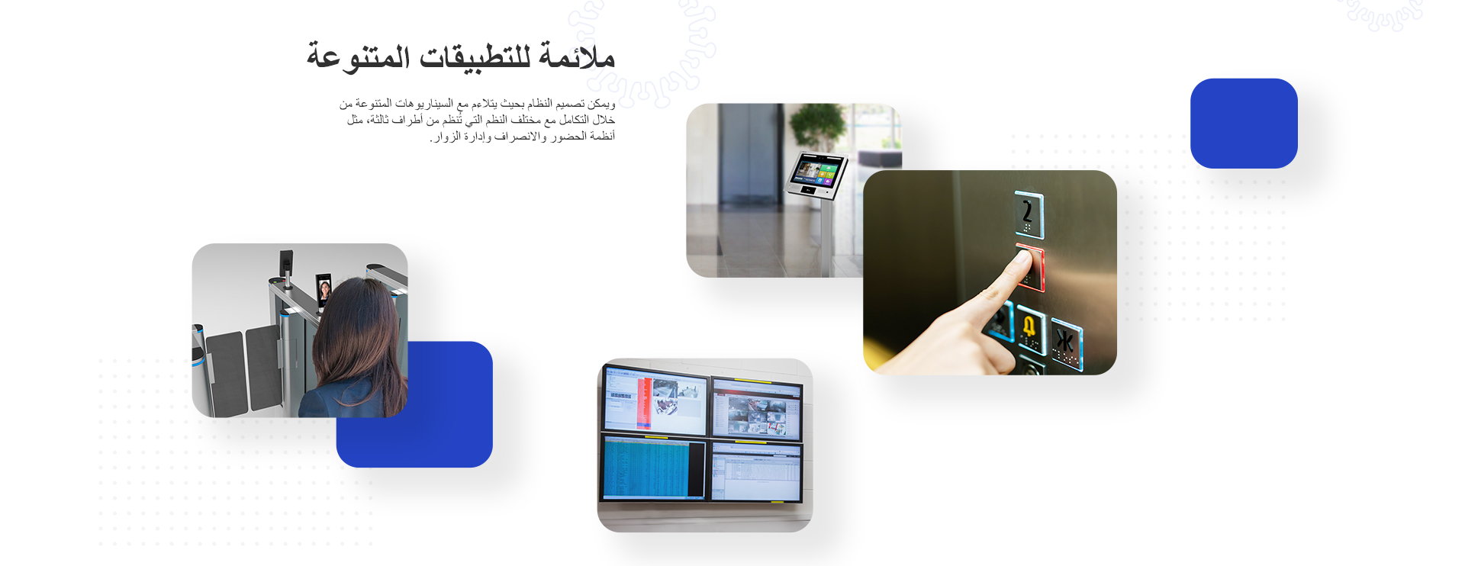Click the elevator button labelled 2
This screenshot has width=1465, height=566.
pyautogui.click(x=1029, y=214)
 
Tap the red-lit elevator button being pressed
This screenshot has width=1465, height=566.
pyautogui.click(x=1031, y=267)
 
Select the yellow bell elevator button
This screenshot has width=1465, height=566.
pyautogui.click(x=1030, y=330)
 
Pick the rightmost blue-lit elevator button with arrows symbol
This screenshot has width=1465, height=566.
pyautogui.click(x=1066, y=345)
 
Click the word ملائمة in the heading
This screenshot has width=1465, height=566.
pyautogui.click(x=577, y=56)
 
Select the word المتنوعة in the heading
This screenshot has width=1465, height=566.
pyautogui.click(x=358, y=56)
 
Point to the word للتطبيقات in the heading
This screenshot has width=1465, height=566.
pyautogui.click(x=475, y=58)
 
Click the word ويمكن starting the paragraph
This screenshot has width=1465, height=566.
pyautogui.click(x=601, y=104)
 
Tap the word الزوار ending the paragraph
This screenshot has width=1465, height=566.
pyautogui.click(x=446, y=137)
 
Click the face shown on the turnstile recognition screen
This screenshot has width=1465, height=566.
pyautogui.click(x=324, y=290)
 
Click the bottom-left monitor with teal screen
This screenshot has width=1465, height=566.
pyautogui.click(x=655, y=468)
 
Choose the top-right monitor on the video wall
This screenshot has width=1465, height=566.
pyautogui.click(x=757, y=409)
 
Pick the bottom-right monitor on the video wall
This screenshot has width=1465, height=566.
pyautogui.click(x=756, y=472)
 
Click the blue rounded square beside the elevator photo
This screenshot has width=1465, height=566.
pyautogui.click(x=1244, y=124)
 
